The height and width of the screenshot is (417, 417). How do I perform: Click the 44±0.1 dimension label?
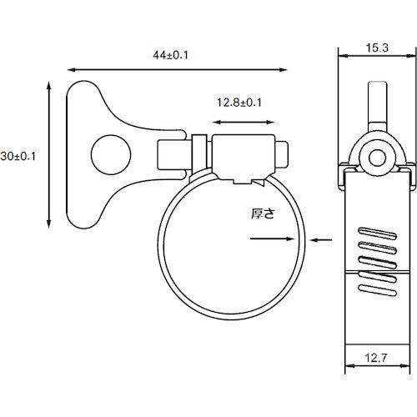(172, 55)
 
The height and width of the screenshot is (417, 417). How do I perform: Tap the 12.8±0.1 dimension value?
(239, 103)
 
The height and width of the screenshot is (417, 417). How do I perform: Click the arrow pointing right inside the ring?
(272, 240)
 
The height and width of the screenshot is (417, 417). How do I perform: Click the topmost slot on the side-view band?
(377, 229)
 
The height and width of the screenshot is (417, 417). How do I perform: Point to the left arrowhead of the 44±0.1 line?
(70, 68)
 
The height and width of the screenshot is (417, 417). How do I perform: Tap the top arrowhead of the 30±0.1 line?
(50, 84)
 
